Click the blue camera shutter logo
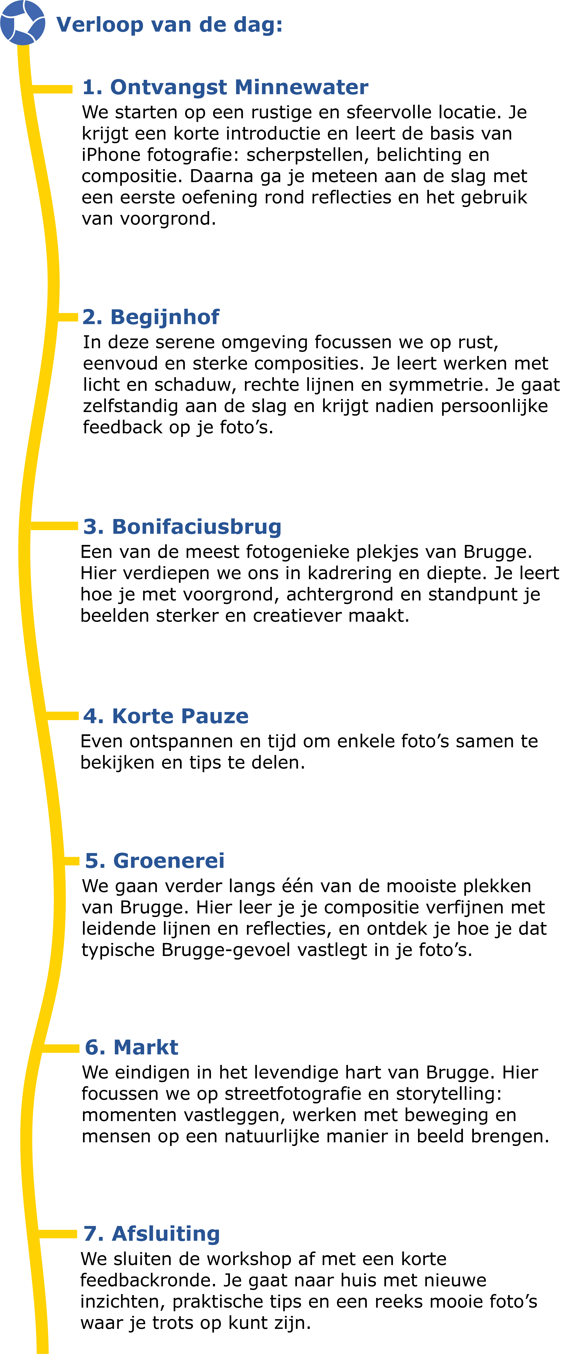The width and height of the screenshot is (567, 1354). (x=23, y=23)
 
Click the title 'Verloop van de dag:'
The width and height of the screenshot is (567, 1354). (x=169, y=25)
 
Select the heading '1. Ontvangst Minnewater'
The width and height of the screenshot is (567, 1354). (x=225, y=87)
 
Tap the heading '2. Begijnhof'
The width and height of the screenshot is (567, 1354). (x=151, y=317)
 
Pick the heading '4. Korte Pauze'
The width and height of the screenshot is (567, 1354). (x=166, y=716)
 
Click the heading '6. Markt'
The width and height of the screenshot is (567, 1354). (x=131, y=1048)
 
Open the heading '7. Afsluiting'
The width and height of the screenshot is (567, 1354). (x=151, y=1234)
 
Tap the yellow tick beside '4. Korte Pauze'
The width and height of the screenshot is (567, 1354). (x=62, y=716)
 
